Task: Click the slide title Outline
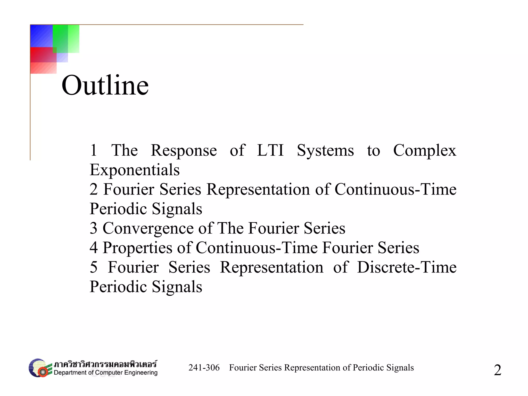coord(105,85)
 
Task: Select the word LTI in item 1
coord(270,150)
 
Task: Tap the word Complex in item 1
coord(425,150)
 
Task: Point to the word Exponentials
coord(135,170)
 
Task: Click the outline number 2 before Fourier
coord(94,189)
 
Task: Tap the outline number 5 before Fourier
coord(94,267)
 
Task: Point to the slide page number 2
coord(497,370)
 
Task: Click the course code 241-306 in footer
coord(204,368)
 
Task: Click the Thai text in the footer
coord(105,364)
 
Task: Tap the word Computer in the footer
coord(109,373)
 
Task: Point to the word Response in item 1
coord(184,150)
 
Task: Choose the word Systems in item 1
coord(325,150)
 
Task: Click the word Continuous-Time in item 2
coord(395,189)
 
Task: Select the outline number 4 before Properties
coord(94,248)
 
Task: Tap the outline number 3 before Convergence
coord(94,228)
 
